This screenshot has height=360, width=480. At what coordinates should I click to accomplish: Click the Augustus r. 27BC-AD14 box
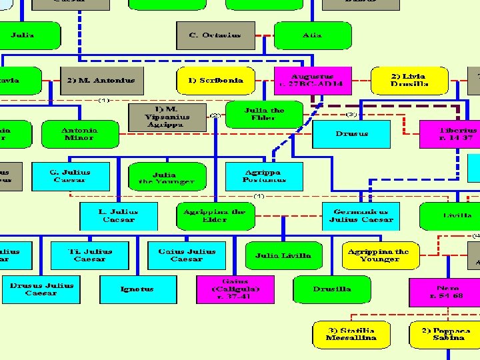click(312, 80)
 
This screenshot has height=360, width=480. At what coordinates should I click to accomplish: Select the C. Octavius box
click(215, 35)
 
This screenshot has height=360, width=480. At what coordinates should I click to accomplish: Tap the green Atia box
click(311, 35)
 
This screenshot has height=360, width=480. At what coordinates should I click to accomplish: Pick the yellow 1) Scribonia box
click(215, 81)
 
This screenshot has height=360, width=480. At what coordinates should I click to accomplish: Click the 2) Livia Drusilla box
click(409, 80)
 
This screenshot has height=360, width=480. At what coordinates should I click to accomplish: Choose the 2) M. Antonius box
click(101, 81)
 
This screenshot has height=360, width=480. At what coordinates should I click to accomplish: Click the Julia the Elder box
click(264, 114)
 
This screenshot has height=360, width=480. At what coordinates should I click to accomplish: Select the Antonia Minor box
click(79, 134)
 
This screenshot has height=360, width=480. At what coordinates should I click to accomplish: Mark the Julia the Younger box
click(166, 177)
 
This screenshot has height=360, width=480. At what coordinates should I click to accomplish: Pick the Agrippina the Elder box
click(214, 216)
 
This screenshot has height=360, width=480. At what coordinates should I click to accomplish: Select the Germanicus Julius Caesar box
click(361, 216)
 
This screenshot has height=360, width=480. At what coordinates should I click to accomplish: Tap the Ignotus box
click(137, 289)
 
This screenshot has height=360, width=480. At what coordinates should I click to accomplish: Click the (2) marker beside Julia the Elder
click(215, 115)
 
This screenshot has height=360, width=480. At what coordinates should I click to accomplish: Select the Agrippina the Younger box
click(379, 255)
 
